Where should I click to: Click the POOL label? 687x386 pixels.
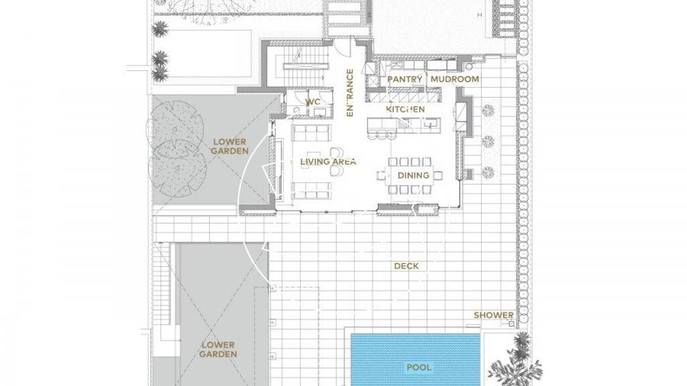click(x=419, y=367)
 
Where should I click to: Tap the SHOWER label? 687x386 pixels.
click(x=493, y=315)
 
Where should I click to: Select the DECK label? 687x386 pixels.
click(x=406, y=266)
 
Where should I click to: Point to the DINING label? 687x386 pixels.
click(x=413, y=176)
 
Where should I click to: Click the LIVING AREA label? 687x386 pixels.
click(x=328, y=162)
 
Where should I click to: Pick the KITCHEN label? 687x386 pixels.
click(x=405, y=109)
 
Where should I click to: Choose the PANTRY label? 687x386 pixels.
click(x=405, y=79)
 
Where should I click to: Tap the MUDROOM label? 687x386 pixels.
click(x=455, y=79)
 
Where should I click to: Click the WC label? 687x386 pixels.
click(x=313, y=102)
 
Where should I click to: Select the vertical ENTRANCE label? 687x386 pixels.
click(x=350, y=92)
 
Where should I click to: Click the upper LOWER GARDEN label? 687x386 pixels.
click(x=229, y=147)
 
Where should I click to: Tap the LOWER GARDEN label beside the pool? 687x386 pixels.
click(x=218, y=350)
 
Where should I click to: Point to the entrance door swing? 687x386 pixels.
click(x=344, y=48)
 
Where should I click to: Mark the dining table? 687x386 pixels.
click(x=410, y=176)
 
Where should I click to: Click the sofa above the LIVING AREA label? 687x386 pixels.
click(x=311, y=133)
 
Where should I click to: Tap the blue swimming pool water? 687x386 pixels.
click(x=416, y=360)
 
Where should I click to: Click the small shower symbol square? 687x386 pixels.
click(x=511, y=324)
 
